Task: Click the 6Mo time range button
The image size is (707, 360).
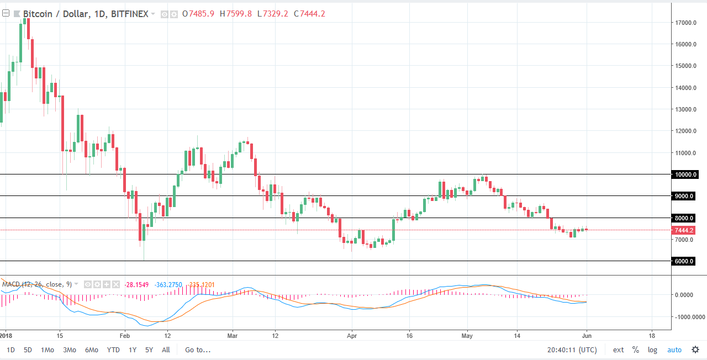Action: (92, 350)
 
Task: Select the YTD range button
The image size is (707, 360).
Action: (113, 350)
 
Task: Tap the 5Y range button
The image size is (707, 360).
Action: (149, 350)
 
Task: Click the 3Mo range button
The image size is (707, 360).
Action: (70, 350)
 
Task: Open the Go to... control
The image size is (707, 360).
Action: (198, 350)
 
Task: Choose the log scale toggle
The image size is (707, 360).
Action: (652, 350)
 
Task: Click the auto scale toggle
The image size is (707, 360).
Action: (674, 350)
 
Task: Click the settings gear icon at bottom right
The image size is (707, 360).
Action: (695, 350)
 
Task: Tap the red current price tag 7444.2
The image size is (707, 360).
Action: (684, 230)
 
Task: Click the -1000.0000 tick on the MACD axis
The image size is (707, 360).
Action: (688, 317)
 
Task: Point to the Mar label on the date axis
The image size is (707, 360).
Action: (232, 335)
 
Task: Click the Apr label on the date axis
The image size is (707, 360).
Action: (351, 335)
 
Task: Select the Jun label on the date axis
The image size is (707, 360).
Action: (587, 335)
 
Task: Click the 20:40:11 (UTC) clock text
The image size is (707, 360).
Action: (572, 350)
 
